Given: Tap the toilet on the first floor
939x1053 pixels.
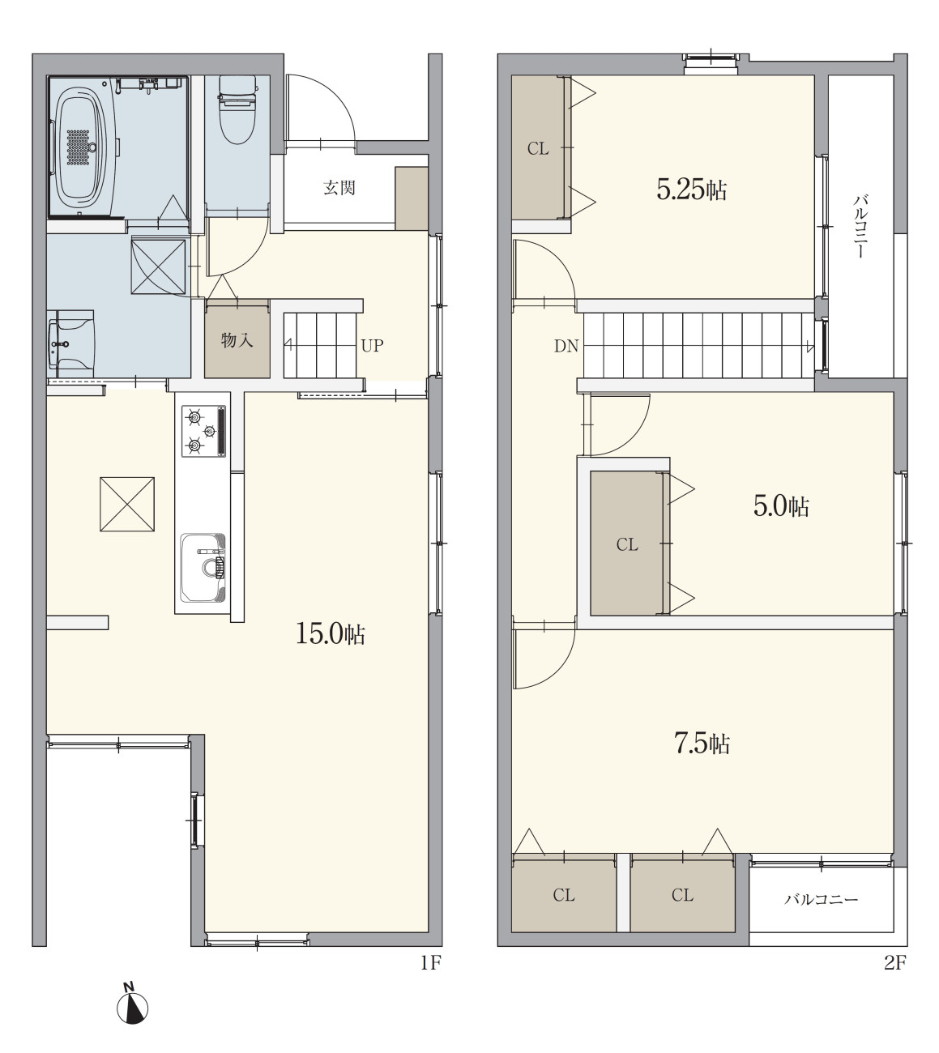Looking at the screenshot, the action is pyautogui.click(x=237, y=110).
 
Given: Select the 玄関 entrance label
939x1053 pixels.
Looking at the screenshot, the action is pyautogui.click(x=339, y=188).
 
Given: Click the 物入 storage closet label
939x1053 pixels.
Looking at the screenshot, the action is pyautogui.click(x=237, y=340).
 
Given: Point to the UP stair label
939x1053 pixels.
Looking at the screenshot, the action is pyautogui.click(x=372, y=346).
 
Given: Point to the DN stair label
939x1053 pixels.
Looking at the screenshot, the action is pyautogui.click(x=566, y=346).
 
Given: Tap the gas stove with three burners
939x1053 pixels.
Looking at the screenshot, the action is pyautogui.click(x=204, y=432).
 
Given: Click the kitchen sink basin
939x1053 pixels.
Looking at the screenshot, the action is pyautogui.click(x=203, y=568).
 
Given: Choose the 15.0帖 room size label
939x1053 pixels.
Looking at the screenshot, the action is pyautogui.click(x=331, y=634).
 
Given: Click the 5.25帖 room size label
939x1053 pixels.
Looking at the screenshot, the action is pyautogui.click(x=692, y=190).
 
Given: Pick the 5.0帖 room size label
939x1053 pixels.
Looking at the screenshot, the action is pyautogui.click(x=781, y=506).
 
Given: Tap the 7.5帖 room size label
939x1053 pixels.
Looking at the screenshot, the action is pyautogui.click(x=702, y=744).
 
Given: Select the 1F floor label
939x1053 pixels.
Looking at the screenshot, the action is pyautogui.click(x=430, y=963).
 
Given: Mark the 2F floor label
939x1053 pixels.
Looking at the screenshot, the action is pyautogui.click(x=895, y=963).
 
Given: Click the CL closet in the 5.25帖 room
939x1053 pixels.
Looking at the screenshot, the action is pyautogui.click(x=538, y=149).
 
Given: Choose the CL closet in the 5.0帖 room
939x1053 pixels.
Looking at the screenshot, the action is pyautogui.click(x=627, y=544).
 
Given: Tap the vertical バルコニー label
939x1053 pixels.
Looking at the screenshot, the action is pyautogui.click(x=860, y=227).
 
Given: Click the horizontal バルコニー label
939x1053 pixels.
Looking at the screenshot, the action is pyautogui.click(x=821, y=898).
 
